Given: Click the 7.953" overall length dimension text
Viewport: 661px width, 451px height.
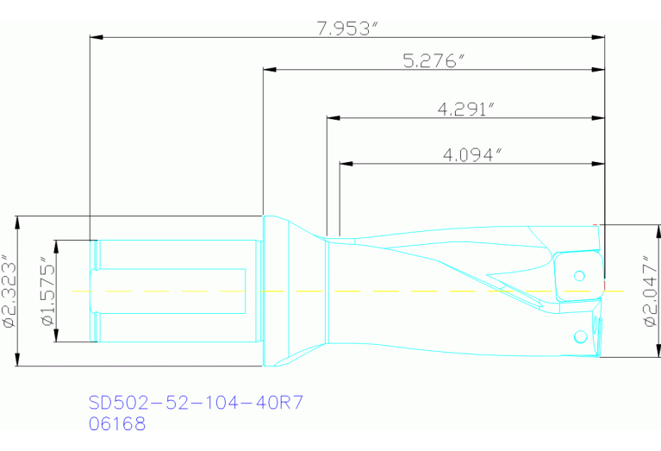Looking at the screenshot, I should (x=348, y=28).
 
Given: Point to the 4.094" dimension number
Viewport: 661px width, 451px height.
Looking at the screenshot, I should (x=471, y=154).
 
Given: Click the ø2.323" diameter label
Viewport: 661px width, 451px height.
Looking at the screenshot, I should (x=9, y=291).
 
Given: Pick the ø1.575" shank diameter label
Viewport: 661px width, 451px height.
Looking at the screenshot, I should (x=47, y=291).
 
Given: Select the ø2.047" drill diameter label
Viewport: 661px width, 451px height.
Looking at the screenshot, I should (x=650, y=291).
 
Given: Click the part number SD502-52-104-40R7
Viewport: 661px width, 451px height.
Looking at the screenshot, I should (x=196, y=404).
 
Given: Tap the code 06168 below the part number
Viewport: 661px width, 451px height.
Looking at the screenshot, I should (x=117, y=423).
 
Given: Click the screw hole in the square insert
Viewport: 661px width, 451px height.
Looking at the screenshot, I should (x=579, y=275).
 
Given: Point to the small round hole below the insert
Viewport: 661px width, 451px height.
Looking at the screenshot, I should (x=578, y=338).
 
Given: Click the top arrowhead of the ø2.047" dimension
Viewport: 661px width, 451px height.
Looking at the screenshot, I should (x=638, y=230).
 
